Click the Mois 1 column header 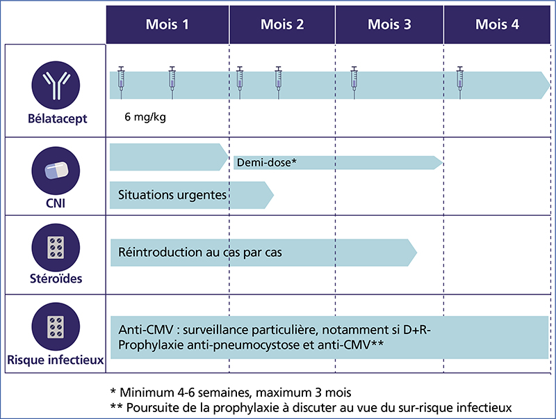point(167,24)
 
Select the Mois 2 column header point(282,24)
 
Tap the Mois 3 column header point(389,24)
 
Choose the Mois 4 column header point(497,24)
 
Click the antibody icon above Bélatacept point(56,85)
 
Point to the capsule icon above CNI point(56,171)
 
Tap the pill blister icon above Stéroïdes point(56,248)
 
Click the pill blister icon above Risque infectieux point(56,326)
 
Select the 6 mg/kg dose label point(145,117)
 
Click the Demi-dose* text point(267,163)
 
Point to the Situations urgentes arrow point(192,195)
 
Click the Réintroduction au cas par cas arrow point(263,253)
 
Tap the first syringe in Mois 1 point(121,82)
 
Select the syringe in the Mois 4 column point(460,82)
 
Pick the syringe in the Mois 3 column point(354,82)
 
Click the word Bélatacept point(58,118)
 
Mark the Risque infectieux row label point(56,360)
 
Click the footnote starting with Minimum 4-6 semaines point(231,393)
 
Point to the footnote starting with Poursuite point(311,408)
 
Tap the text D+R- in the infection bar point(417,330)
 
